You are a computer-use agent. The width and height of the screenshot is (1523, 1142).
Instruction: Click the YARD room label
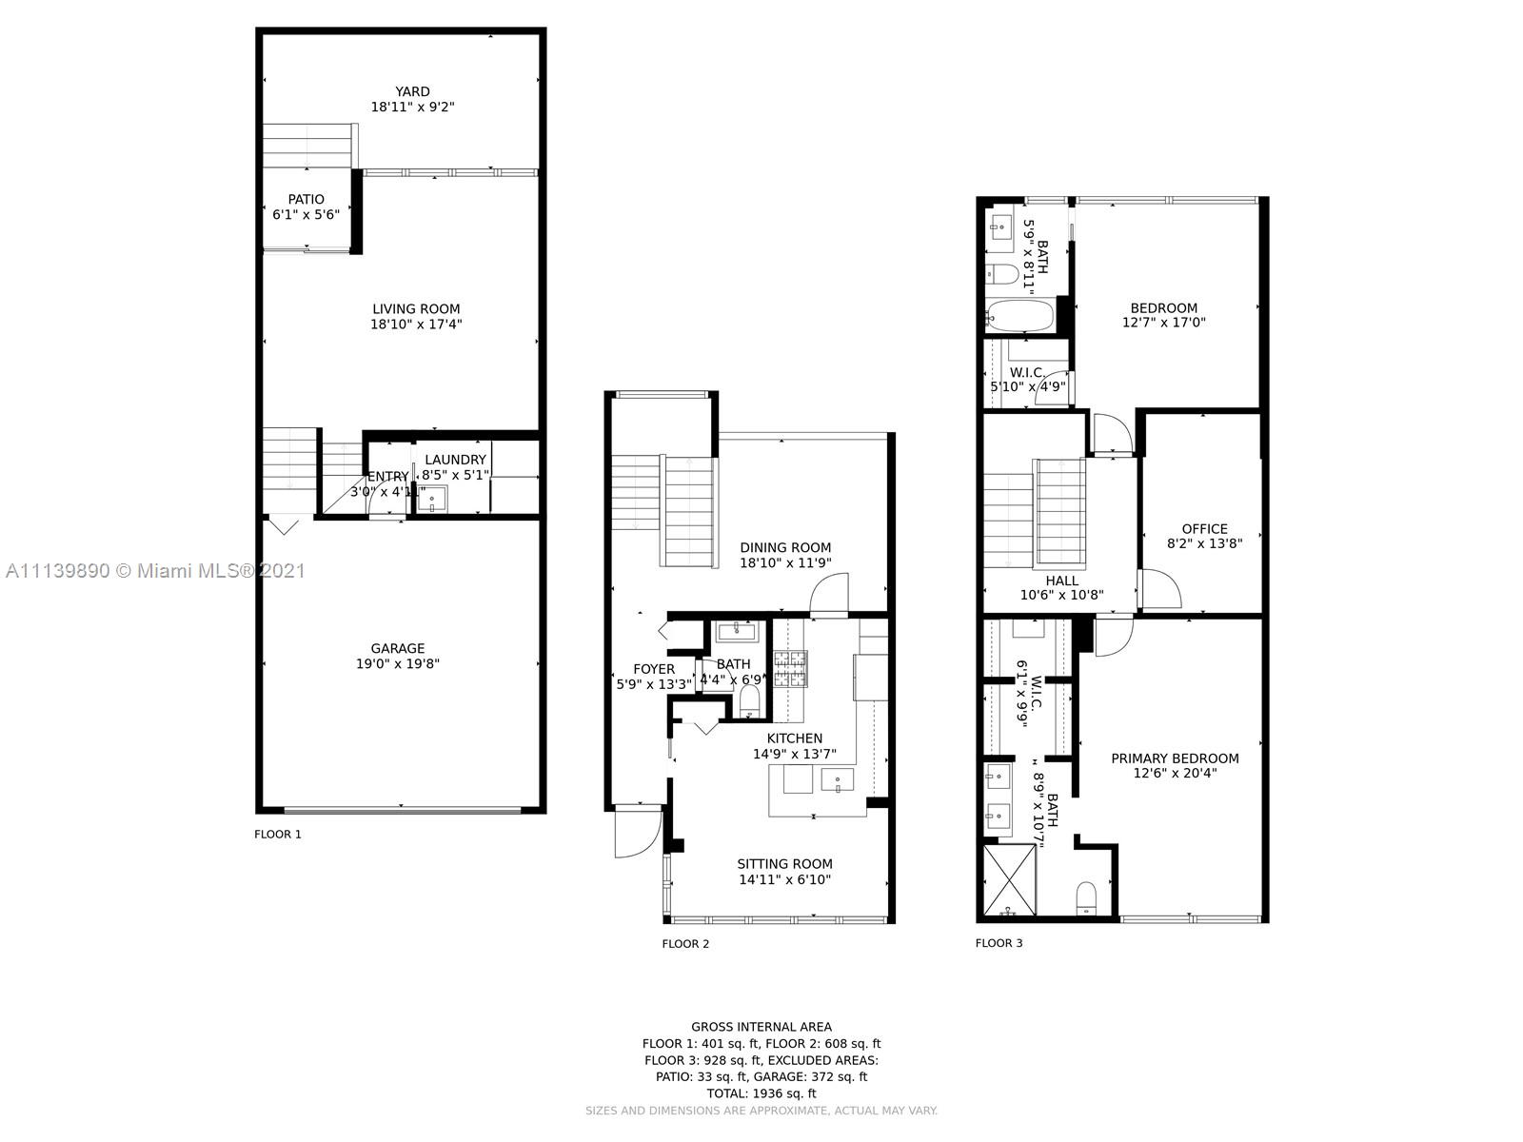coord(412,91)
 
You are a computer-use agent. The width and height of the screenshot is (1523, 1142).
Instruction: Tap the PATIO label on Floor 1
coord(306,200)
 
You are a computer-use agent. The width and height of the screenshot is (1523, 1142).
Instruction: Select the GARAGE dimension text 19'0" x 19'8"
coord(398,663)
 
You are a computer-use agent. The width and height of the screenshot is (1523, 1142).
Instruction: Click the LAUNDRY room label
coord(455,460)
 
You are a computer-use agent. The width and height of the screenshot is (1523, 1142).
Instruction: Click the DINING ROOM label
coord(785,548)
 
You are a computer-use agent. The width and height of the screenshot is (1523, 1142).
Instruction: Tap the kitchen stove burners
coord(790,669)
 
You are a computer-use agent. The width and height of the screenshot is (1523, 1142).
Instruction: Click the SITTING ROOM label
coord(784,864)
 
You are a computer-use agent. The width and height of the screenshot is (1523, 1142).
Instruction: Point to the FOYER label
coord(654,669)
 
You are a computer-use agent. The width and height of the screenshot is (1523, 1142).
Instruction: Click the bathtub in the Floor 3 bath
coord(1020,316)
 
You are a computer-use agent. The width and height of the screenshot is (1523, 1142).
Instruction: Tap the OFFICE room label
coord(1204,529)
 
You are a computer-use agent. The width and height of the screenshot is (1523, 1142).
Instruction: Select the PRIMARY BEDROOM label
coord(1175,758)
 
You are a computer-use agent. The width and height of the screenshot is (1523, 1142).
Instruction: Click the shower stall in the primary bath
coord(1010,879)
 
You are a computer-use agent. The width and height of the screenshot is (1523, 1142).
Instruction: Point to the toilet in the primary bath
coord(1086,898)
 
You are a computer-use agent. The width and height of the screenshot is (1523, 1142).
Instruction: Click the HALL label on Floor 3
coord(1061,581)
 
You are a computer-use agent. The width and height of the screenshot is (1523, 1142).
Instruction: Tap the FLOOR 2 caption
coord(685,944)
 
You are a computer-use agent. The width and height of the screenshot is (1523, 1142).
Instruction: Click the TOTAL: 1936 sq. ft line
coord(761,1093)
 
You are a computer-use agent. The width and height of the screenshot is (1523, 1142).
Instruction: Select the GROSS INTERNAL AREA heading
coord(761,1027)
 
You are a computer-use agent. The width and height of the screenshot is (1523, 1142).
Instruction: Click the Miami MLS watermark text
coord(155,571)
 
